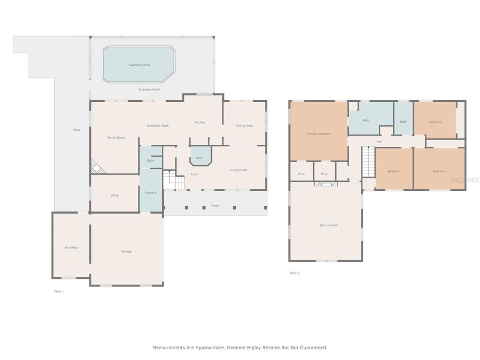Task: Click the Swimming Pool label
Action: tap(139, 65)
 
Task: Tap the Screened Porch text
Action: tap(149, 90)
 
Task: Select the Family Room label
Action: tap(116, 138)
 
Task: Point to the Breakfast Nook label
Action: tap(158, 126)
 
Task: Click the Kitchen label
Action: tap(200, 122)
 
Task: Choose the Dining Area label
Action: tap(244, 126)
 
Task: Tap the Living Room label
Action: tap(238, 170)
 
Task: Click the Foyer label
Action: tap(195, 174)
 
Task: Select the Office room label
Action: tap(114, 195)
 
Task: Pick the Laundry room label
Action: tap(150, 193)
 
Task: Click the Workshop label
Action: tap(71, 247)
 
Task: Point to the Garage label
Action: tap(127, 251)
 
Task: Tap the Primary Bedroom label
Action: tap(319, 134)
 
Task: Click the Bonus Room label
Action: tap(329, 225)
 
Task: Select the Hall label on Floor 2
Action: tap(379, 142)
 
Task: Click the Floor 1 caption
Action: tap(59, 292)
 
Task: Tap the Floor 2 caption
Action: tap(295, 273)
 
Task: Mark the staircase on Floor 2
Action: tap(368, 162)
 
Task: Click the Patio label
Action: tap(76, 130)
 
